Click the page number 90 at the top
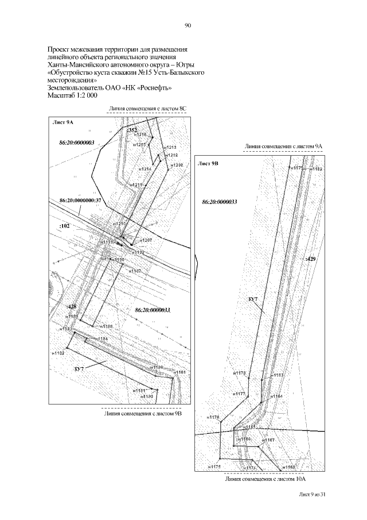click(x=187, y=25)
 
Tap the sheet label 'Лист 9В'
click(x=208, y=164)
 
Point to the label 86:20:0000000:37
click(x=80, y=200)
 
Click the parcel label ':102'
click(x=64, y=227)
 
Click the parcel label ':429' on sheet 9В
click(x=311, y=260)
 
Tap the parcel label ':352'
click(x=131, y=131)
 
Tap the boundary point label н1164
click(x=276, y=396)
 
